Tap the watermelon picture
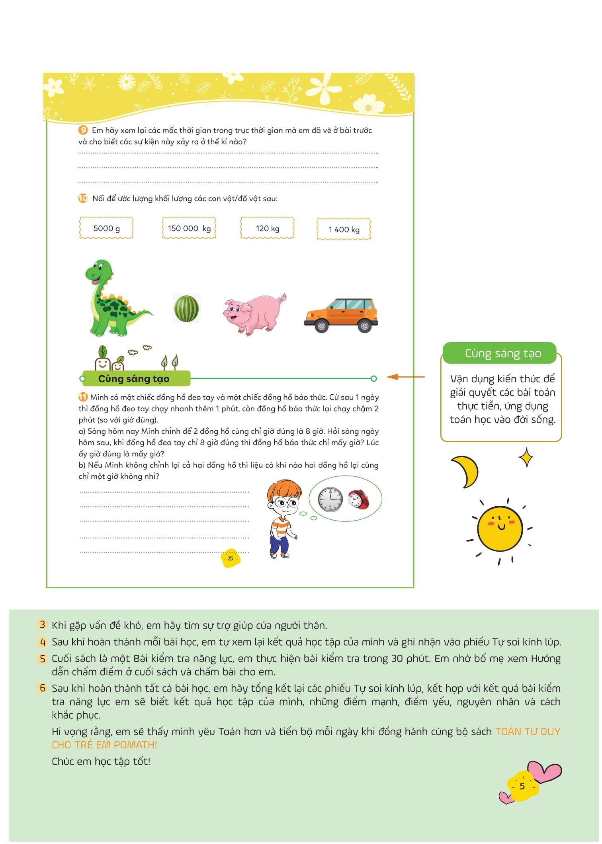[x=187, y=308]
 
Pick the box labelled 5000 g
[x=106, y=228]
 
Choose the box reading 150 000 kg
[x=189, y=228]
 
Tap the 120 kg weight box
[x=268, y=228]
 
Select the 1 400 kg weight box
[x=344, y=229]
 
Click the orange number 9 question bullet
[x=83, y=130]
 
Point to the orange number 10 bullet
[x=83, y=198]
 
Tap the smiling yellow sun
[x=499, y=528]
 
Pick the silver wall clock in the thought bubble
[x=330, y=499]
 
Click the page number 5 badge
[x=522, y=786]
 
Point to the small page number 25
[x=230, y=558]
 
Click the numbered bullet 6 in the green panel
[x=43, y=688]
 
